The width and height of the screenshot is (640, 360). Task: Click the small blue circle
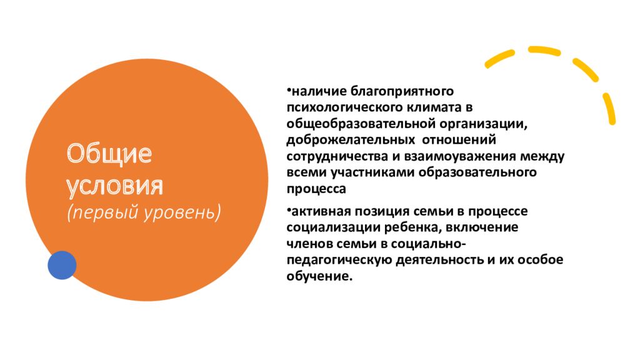click(x=62, y=265)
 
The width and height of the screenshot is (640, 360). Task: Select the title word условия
click(x=115, y=186)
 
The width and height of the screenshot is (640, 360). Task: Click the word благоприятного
click(x=402, y=91)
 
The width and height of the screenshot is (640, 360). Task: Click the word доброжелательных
click(x=351, y=140)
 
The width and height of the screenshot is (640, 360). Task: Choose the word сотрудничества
click(x=337, y=157)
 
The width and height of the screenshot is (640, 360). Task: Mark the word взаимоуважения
click(x=460, y=157)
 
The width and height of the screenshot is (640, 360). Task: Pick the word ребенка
click(x=412, y=227)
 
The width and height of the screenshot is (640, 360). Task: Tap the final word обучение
click(x=319, y=276)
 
